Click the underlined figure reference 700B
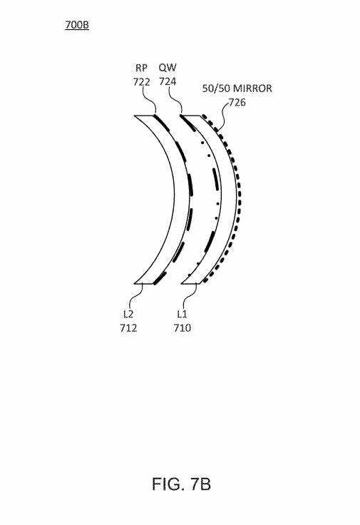77,25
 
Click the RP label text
141,68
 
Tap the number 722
141,82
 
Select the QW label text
168,68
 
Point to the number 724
168,82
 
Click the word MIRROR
252,88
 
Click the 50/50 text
216,88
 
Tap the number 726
237,103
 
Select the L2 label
128,314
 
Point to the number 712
128,328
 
